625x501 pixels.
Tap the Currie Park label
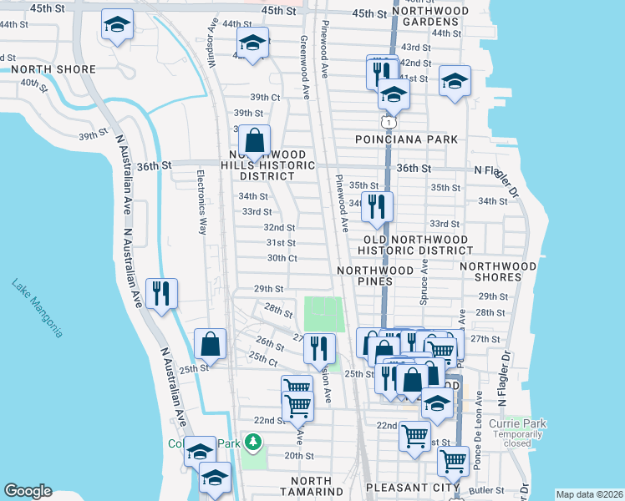(x=518, y=423)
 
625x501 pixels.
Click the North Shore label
(x=36, y=69)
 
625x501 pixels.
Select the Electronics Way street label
(x=201, y=204)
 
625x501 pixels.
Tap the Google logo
(x=28, y=491)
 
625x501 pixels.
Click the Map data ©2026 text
(x=588, y=494)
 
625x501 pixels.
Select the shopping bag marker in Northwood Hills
(x=257, y=139)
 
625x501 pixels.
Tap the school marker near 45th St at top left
(x=117, y=24)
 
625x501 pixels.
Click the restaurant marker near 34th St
(x=377, y=205)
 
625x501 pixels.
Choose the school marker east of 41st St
(x=454, y=81)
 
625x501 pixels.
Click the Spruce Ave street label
(x=424, y=281)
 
